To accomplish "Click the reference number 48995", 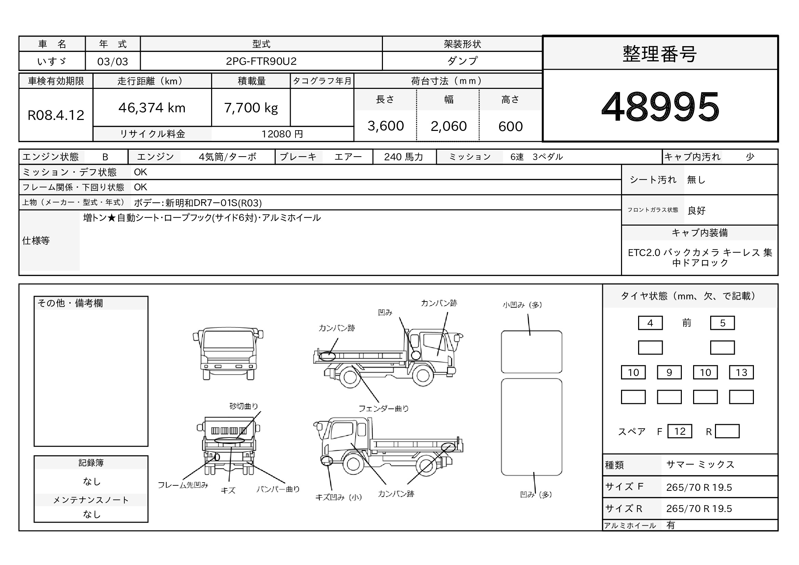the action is point(660,107).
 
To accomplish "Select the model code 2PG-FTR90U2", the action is point(261,61).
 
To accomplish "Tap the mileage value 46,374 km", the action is point(152,108).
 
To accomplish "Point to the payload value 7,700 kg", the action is point(251,108).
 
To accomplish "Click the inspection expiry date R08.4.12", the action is point(56,115).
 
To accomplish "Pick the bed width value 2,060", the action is point(449,126).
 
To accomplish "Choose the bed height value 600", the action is point(510,126).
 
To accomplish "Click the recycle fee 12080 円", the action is point(282,134).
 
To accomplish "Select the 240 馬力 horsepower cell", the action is point(404,157).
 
